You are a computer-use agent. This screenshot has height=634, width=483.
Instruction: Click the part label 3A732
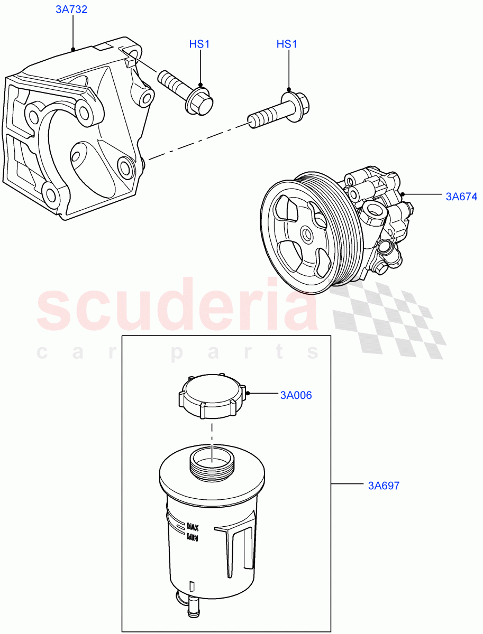pos(71,10)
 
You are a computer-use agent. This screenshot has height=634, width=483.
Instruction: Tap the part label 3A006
pos(296,395)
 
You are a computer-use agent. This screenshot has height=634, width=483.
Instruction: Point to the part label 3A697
pos(384,486)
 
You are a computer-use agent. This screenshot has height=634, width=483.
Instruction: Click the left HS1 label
pos(199,44)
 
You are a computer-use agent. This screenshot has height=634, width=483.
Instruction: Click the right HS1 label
pos(287,44)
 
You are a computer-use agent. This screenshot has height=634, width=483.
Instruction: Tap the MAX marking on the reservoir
pos(192,527)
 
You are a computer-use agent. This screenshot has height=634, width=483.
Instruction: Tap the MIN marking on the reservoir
pos(192,537)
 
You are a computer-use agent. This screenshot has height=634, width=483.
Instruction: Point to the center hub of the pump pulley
pos(306,234)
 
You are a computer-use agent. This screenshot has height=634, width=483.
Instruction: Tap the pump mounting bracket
pos(74,132)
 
